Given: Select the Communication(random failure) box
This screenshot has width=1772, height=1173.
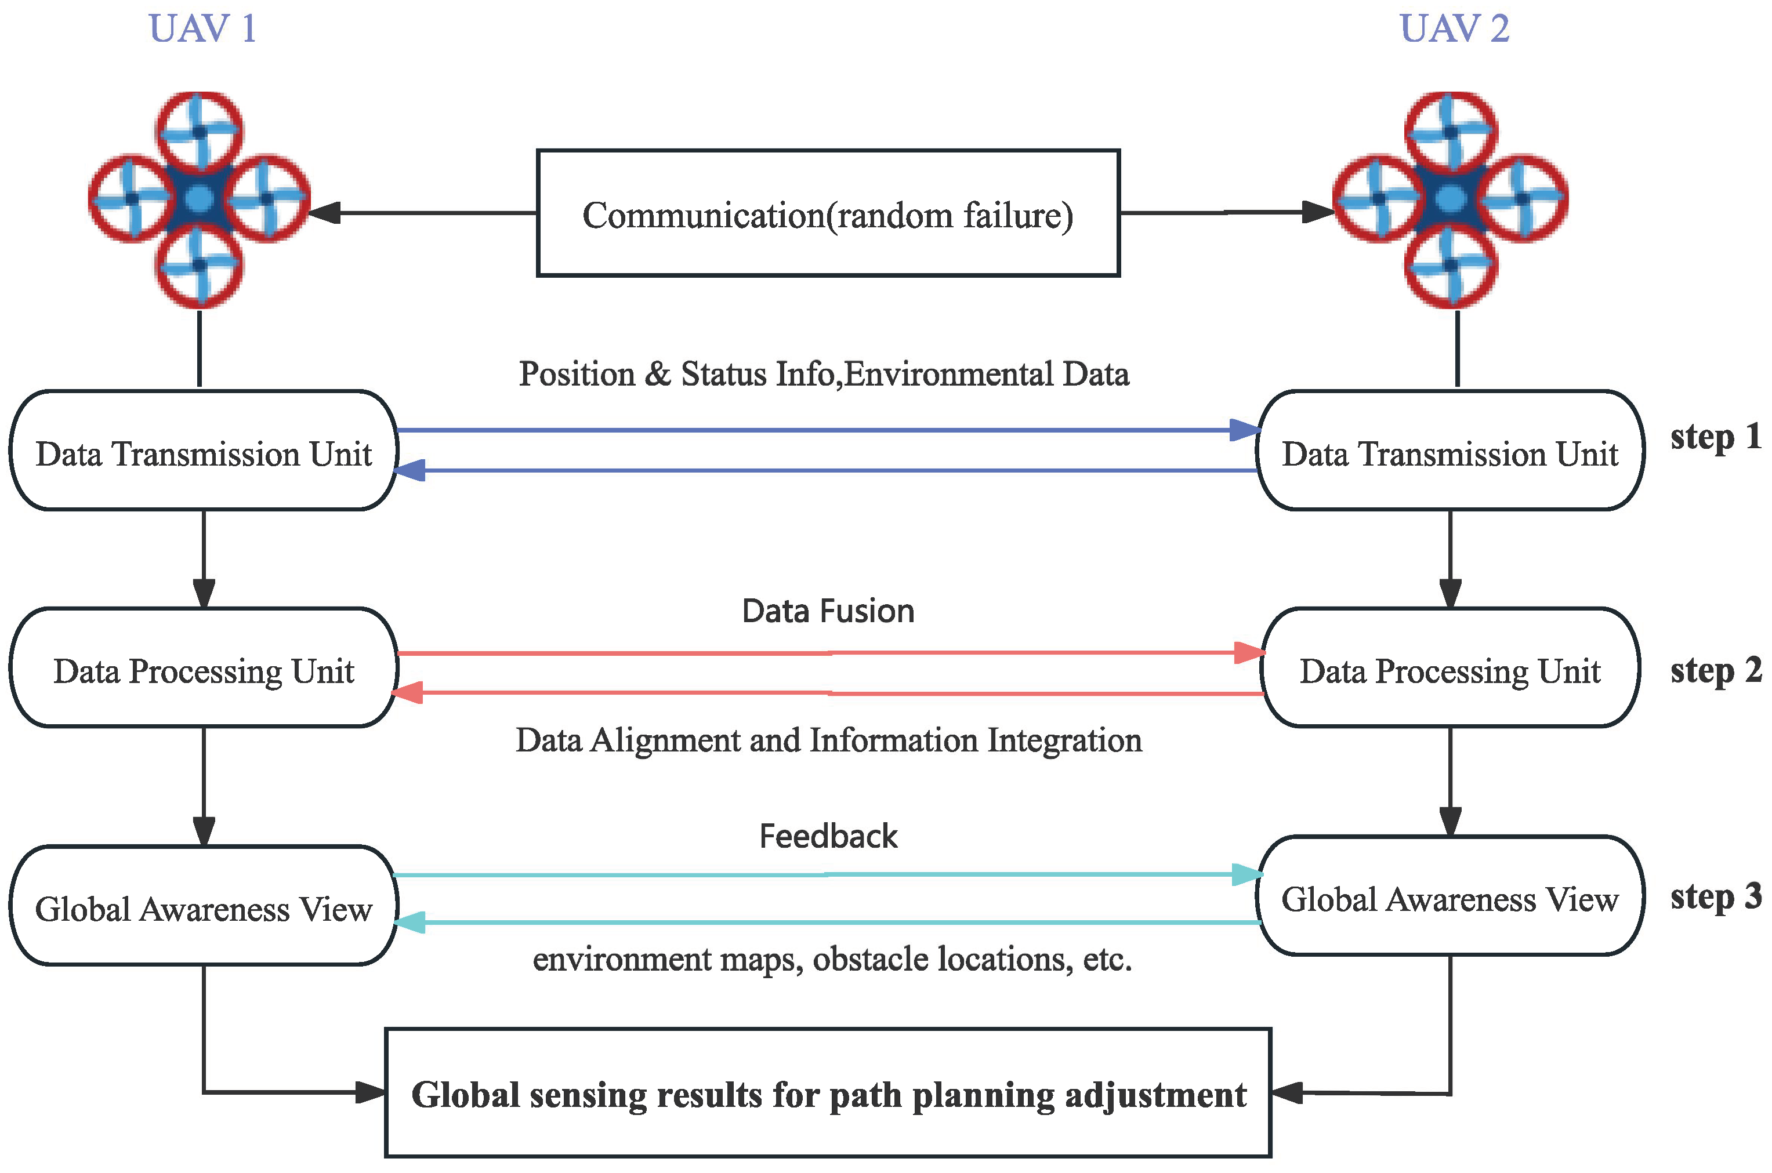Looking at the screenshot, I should coord(828,214).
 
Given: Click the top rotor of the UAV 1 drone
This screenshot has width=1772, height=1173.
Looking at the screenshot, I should coord(199,132).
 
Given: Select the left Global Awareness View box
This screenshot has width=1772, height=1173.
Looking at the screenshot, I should coord(204,907).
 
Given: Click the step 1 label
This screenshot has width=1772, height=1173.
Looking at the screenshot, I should coord(1715,437).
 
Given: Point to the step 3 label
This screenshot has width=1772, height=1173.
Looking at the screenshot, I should coord(1715,897).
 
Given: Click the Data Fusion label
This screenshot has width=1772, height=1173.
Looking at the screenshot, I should coord(828,611).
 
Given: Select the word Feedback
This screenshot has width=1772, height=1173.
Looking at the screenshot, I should coord(828,836).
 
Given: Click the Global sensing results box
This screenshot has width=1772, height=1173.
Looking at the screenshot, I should coord(828,1094).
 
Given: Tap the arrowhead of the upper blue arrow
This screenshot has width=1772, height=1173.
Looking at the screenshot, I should coord(1245,430).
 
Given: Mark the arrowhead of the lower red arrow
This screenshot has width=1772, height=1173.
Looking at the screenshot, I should coord(408,693).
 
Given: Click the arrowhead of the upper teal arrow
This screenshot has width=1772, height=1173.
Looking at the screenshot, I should coord(1246,874).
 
